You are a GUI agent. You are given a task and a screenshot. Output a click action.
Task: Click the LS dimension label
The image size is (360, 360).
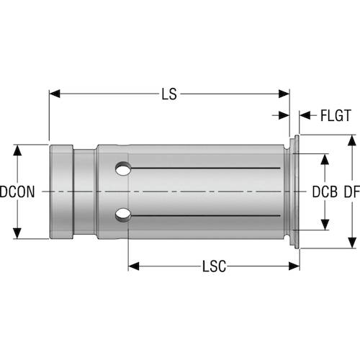[x=169, y=94]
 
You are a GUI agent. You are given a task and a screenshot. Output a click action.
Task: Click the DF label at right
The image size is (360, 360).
[x=351, y=192]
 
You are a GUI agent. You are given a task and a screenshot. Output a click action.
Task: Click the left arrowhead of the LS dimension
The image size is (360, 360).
[x=55, y=94]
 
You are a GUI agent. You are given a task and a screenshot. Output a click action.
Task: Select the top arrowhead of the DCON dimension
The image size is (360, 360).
[x=19, y=150]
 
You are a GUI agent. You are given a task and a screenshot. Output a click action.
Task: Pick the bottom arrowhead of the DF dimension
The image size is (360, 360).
[x=351, y=243]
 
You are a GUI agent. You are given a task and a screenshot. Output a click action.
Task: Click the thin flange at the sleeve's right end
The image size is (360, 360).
[x=295, y=192]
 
